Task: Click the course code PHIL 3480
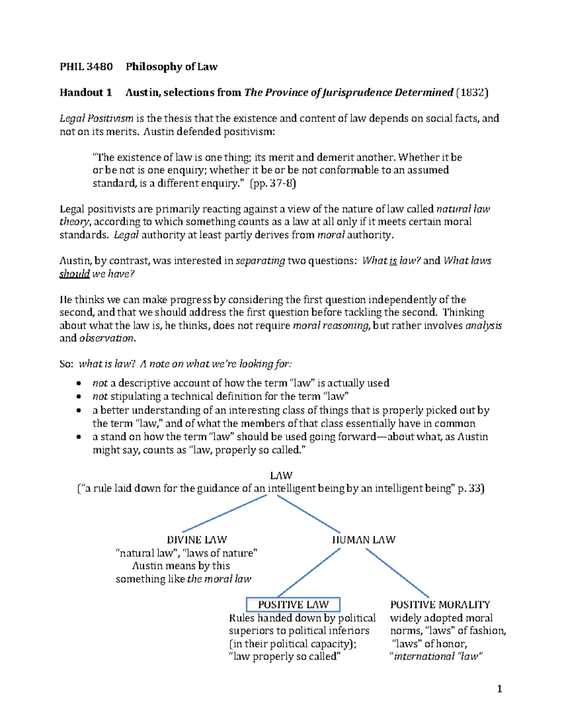click(86, 67)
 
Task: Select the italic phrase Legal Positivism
click(96, 118)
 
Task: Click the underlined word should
click(74, 274)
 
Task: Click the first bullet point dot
click(79, 383)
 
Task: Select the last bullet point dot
click(79, 437)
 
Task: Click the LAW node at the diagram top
click(281, 475)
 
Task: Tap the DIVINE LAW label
click(197, 540)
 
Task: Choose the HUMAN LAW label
click(363, 540)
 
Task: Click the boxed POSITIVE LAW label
click(293, 605)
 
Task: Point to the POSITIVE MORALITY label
click(440, 605)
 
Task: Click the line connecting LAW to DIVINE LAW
click(225, 513)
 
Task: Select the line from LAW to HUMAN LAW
click(308, 513)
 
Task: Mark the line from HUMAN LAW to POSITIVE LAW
click(309, 572)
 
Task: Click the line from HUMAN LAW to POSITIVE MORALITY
click(397, 572)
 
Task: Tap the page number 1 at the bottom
click(500, 689)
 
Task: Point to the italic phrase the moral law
click(219, 579)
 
